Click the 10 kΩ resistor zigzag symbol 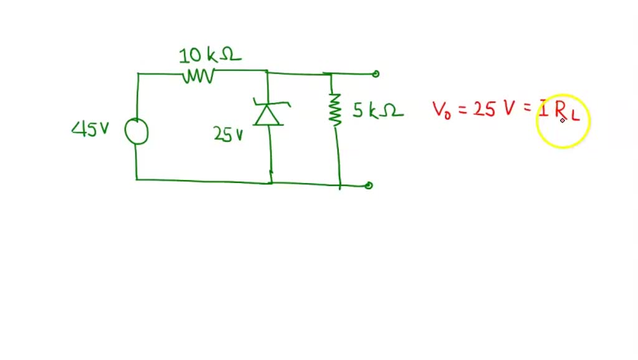(199, 77)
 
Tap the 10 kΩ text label (209, 56)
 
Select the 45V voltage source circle (136, 131)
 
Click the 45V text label (90, 129)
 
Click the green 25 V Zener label (229, 134)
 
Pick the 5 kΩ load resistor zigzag (336, 109)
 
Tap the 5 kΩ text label (378, 111)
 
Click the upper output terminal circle (376, 74)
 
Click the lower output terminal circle (369, 185)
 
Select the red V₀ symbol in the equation (442, 110)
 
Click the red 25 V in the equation (493, 109)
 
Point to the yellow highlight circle (563, 121)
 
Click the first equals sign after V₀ (462, 111)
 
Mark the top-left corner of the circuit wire (138, 73)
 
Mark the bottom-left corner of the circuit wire (136, 179)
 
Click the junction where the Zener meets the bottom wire (271, 182)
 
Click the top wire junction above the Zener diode (267, 72)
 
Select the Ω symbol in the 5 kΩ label (393, 111)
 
